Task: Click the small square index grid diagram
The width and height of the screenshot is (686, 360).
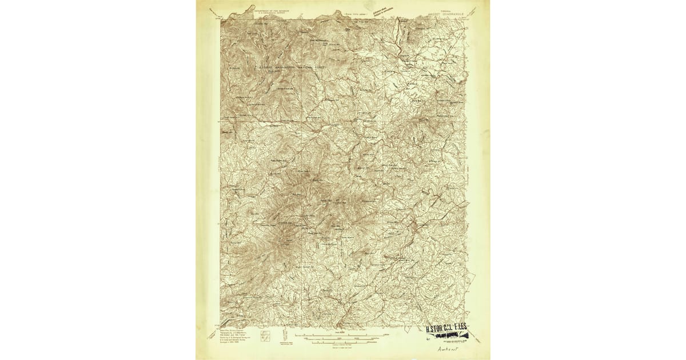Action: tap(266, 334)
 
